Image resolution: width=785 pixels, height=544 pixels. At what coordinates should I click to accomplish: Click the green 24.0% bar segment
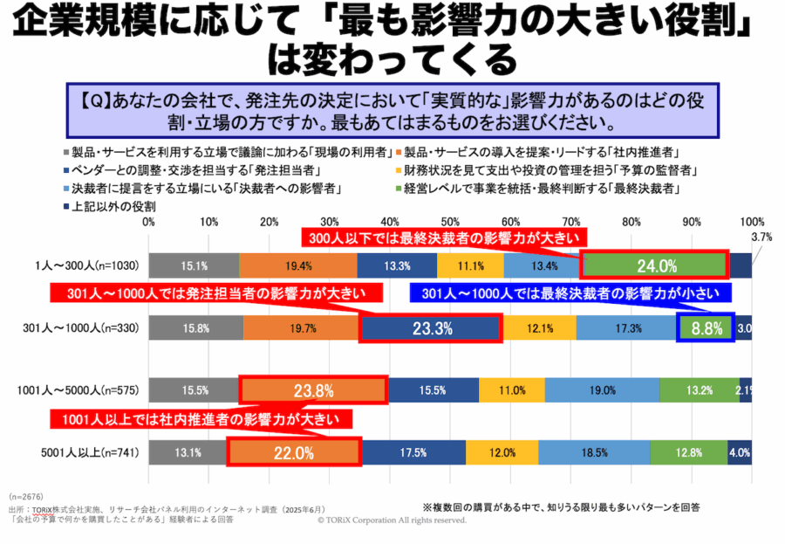coord(654,265)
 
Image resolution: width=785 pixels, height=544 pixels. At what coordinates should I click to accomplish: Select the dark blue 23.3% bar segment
coord(431,328)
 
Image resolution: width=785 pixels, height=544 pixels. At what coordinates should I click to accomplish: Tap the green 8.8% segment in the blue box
coord(706,328)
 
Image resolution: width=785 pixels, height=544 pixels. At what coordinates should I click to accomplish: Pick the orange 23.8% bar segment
coord(312,390)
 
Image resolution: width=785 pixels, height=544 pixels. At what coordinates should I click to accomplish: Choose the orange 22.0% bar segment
coord(294,452)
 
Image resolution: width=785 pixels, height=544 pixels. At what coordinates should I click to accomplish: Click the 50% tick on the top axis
coord(450,222)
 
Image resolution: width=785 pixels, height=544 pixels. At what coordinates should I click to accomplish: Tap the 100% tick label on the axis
coord(751,222)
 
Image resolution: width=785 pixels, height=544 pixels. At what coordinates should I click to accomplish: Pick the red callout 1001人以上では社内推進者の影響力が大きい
coord(206,419)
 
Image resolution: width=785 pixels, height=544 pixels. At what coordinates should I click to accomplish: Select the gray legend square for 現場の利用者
coord(66,153)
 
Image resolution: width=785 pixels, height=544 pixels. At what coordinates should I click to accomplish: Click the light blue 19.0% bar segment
coord(602,390)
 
